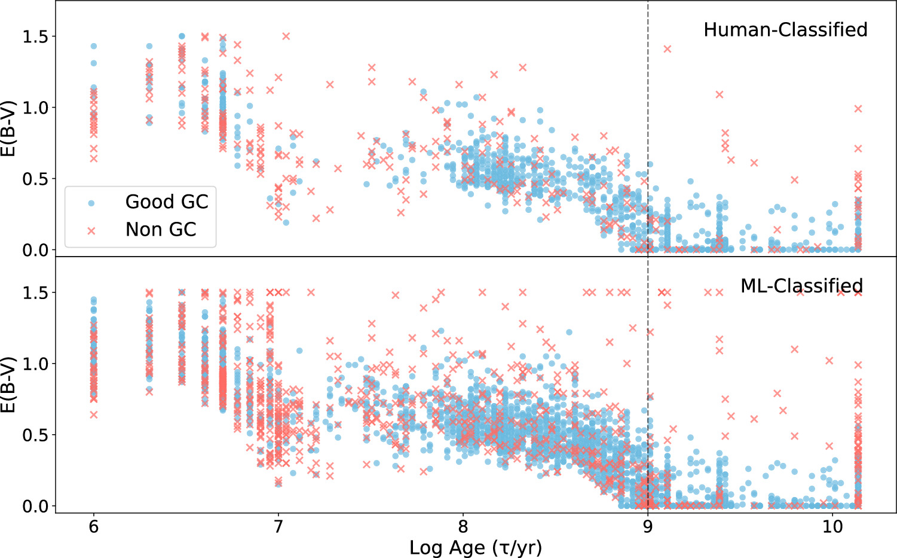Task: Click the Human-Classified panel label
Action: pos(785,30)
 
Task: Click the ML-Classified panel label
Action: pos(801,286)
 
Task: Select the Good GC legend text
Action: pos(167,202)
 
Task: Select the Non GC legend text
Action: pos(161,230)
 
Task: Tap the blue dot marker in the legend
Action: pos(91,203)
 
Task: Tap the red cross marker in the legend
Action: pos(91,230)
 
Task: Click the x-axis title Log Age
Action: pos(476,547)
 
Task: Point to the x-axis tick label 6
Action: pos(93,527)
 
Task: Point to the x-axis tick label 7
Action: pos(278,527)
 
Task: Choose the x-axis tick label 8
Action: pos(463,527)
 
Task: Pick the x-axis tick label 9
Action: pos(647,527)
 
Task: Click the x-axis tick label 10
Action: pos(832,527)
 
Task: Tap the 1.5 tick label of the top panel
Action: pos(35,37)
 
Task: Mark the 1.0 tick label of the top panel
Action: pos(35,108)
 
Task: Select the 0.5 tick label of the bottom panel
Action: pos(35,435)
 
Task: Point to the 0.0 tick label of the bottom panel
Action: pos(35,507)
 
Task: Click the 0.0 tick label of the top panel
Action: pos(35,251)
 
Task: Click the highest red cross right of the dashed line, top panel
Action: pos(668,49)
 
